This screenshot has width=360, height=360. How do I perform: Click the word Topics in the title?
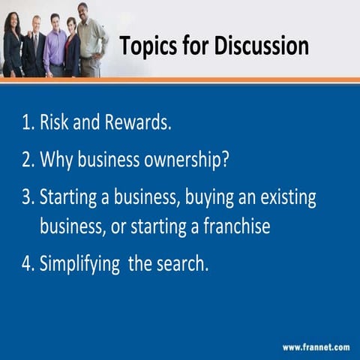(149, 46)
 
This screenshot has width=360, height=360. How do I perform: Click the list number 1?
(27, 123)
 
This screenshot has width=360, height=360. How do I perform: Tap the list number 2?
(27, 160)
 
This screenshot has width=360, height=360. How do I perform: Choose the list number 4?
(27, 264)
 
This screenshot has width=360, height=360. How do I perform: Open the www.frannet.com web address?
(316, 347)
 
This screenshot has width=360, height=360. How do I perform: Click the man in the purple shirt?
(55, 45)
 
